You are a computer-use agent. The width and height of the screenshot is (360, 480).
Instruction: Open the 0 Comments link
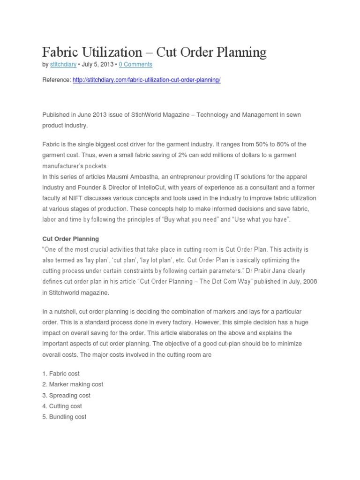[135, 64]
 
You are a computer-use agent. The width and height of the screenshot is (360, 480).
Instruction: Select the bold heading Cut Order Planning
[70, 239]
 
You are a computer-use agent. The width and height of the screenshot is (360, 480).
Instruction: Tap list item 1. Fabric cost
[61, 374]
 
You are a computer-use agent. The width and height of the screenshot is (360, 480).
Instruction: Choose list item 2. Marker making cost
[73, 384]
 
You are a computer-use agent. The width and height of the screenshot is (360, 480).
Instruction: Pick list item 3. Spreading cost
[67, 395]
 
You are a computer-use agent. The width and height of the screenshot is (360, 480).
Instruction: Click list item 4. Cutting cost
[62, 406]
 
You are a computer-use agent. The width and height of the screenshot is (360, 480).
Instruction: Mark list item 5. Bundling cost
[64, 417]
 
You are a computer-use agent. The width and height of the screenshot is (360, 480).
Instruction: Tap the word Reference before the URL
[56, 80]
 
